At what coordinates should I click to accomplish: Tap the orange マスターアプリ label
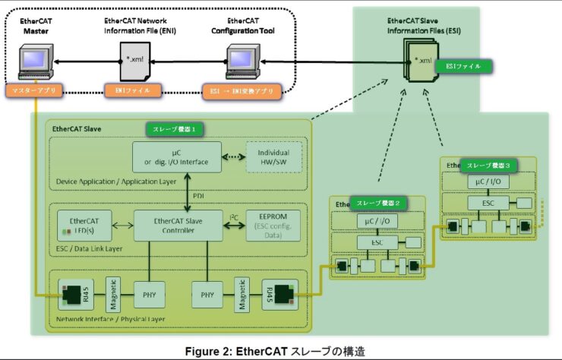tap(35, 90)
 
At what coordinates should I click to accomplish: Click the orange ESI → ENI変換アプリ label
tap(240, 90)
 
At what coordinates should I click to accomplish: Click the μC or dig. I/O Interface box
tap(176, 156)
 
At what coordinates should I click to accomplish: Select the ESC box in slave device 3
tap(488, 204)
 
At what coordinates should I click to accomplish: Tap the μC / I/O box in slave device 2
tap(376, 220)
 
